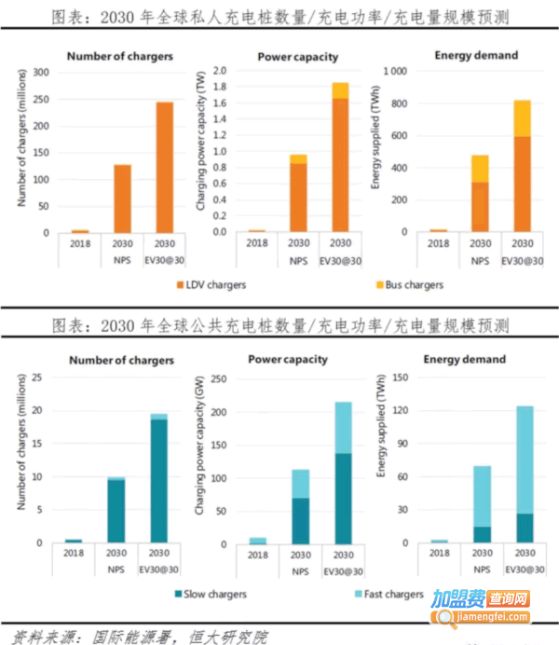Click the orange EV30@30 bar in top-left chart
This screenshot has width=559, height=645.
click(x=164, y=167)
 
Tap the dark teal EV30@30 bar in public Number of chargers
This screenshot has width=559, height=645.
click(x=158, y=479)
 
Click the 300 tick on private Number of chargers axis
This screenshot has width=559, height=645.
click(x=43, y=72)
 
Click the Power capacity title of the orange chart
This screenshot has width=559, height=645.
click(x=298, y=56)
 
